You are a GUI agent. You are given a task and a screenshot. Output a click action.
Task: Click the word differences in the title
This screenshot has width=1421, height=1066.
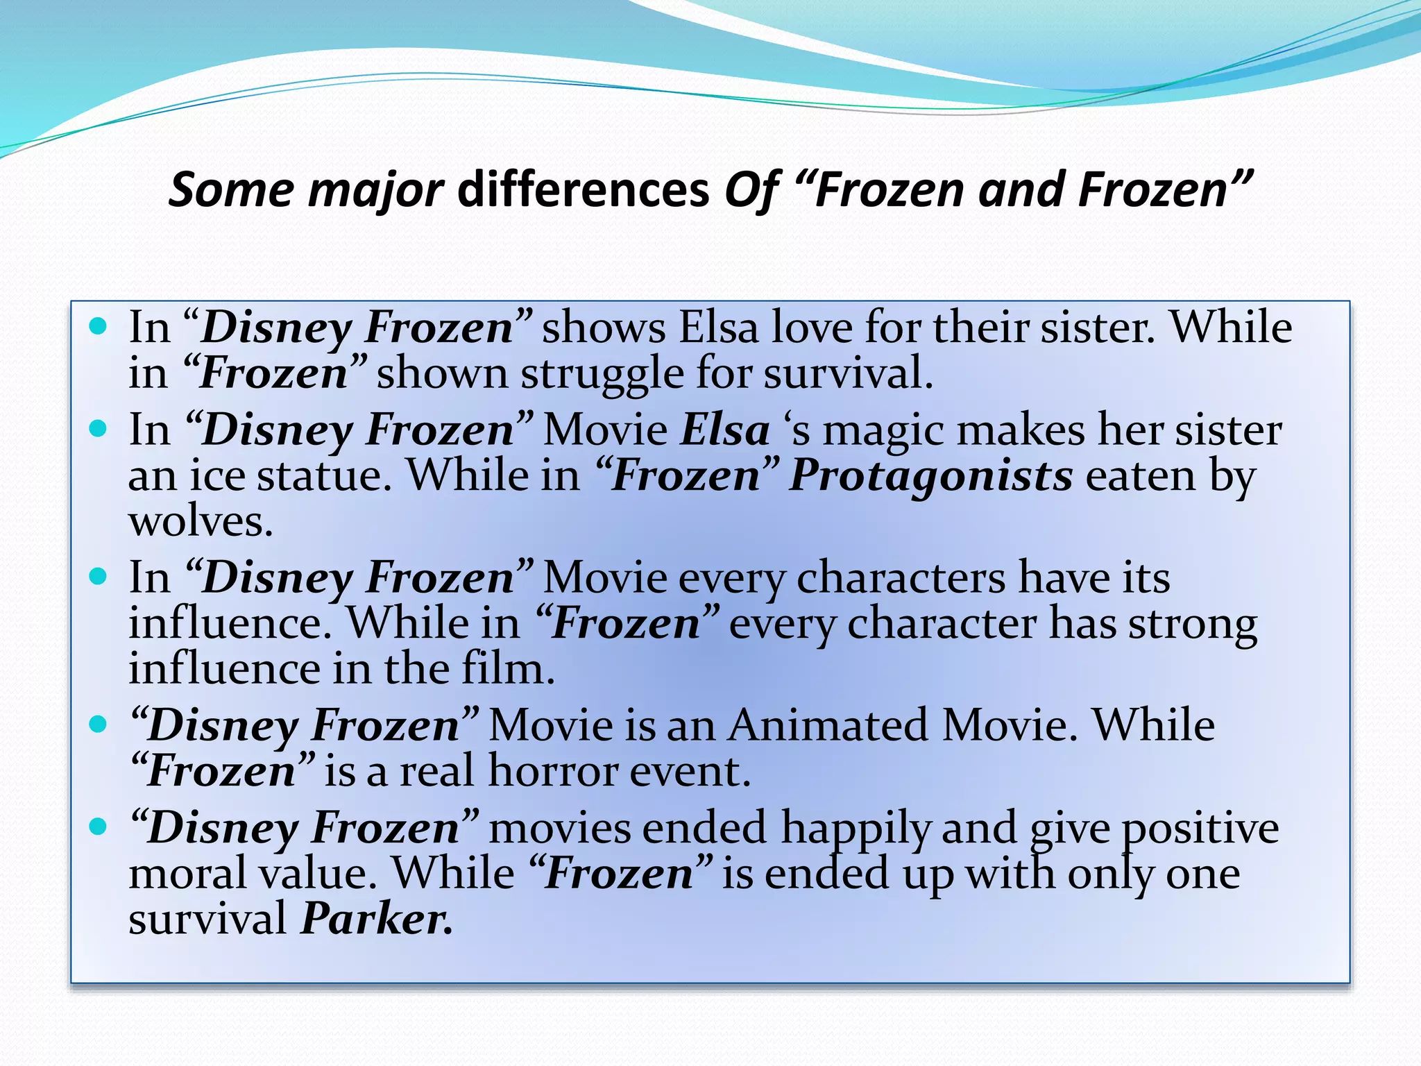[x=584, y=189]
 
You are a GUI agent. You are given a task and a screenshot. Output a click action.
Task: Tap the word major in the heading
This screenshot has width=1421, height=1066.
[x=375, y=191]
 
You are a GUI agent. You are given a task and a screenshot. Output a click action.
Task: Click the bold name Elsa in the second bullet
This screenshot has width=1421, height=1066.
[x=725, y=430]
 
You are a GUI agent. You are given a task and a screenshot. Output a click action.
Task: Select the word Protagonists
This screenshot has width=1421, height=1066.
[x=931, y=476]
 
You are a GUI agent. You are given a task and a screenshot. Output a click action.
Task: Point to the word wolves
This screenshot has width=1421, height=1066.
[x=201, y=522]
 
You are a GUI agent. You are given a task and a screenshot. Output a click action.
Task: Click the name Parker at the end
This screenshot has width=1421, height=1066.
[x=377, y=919]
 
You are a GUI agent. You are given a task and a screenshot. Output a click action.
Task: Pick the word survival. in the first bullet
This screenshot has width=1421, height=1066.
[x=848, y=373]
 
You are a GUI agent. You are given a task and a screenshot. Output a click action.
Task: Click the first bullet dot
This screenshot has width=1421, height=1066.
[x=99, y=325]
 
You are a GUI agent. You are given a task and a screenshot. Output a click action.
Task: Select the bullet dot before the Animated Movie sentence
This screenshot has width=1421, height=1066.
[x=99, y=725]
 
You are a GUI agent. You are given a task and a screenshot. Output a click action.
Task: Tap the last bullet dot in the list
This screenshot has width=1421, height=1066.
[x=99, y=827]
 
